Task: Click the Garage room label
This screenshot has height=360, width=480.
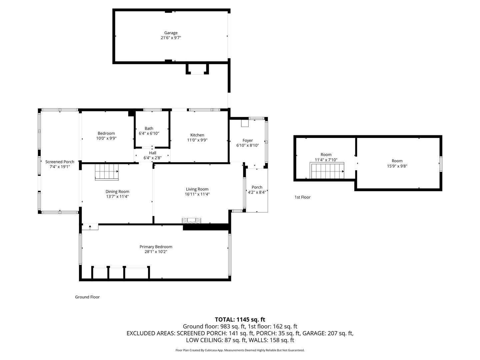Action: click(171, 33)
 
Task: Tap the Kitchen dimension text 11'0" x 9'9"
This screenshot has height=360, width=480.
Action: click(197, 140)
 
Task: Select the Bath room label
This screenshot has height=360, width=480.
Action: click(149, 128)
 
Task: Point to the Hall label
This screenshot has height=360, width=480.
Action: click(152, 153)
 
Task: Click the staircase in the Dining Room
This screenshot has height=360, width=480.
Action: click(107, 172)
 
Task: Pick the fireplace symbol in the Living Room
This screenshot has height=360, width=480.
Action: click(192, 220)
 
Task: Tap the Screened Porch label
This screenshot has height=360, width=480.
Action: click(60, 162)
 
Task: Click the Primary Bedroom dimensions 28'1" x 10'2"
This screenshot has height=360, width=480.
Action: click(156, 252)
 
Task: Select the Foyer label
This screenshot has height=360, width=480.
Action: click(247, 140)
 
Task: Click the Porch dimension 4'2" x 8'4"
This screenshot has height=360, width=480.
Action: click(257, 192)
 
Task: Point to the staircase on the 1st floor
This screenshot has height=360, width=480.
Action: click(327, 171)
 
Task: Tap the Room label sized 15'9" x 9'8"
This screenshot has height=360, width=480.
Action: click(397, 161)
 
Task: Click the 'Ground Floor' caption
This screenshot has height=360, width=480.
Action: click(87, 297)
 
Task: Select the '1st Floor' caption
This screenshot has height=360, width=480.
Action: click(302, 197)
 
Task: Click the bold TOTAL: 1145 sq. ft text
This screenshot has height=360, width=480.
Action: click(240, 319)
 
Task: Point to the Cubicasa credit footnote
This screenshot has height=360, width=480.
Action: click(240, 350)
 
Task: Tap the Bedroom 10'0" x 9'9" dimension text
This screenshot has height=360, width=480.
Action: click(106, 138)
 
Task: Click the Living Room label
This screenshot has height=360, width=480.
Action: click(197, 189)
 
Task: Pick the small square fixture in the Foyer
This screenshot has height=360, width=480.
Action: click(245, 123)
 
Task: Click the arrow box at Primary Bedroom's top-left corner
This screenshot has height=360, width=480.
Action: click(90, 227)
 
